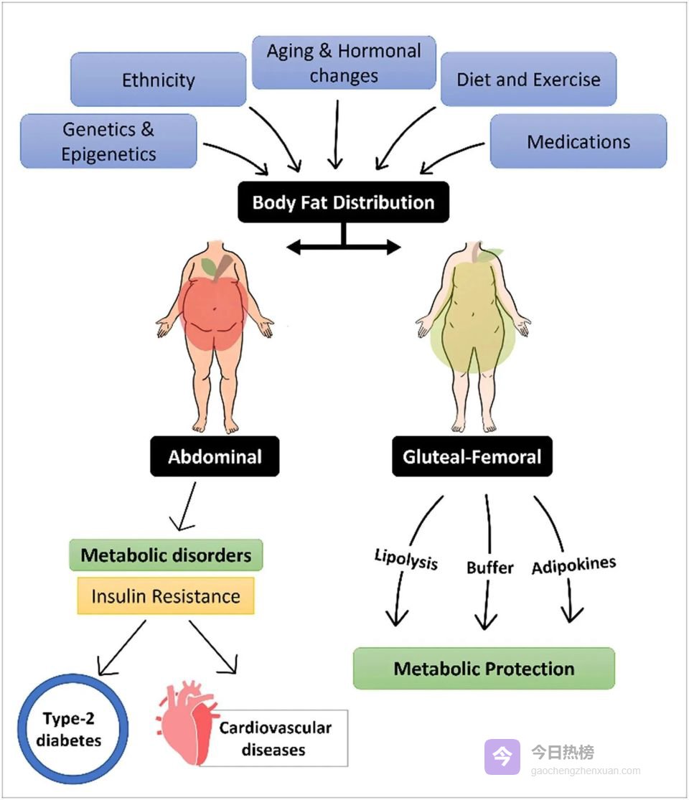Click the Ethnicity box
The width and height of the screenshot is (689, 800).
click(x=158, y=80)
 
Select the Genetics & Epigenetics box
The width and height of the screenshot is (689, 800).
click(x=108, y=141)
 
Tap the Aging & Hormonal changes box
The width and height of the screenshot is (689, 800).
click(x=344, y=63)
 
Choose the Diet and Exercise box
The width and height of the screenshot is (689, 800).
click(x=528, y=80)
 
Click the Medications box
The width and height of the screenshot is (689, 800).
click(x=578, y=141)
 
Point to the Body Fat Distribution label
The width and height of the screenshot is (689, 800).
click(x=343, y=202)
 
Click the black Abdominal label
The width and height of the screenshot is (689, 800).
click(x=215, y=456)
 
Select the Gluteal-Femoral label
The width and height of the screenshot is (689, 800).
click(x=472, y=456)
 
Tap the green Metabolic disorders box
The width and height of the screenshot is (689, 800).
click(x=166, y=555)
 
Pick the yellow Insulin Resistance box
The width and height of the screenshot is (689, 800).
click(x=165, y=596)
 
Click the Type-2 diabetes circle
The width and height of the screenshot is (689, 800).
click(x=72, y=729)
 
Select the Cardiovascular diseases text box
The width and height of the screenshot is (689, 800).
click(x=275, y=738)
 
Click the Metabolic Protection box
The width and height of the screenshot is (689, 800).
click(x=484, y=669)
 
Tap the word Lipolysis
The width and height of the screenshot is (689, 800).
click(x=406, y=559)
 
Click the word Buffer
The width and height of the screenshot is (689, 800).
click(x=490, y=568)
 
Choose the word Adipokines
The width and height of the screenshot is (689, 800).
click(x=573, y=565)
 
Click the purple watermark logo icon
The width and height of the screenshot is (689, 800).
click(x=502, y=757)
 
